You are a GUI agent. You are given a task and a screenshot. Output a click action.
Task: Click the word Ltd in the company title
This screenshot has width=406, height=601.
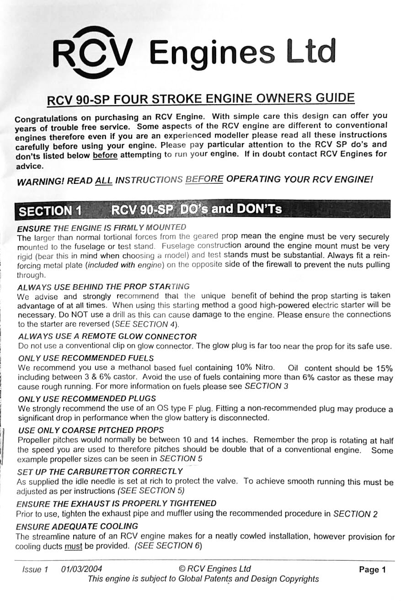(310, 52)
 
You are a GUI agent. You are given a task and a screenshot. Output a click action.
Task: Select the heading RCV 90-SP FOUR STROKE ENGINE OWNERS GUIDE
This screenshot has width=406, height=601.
(201, 99)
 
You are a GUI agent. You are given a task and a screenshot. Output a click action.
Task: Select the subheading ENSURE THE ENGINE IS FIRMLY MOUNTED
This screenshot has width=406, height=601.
(101, 227)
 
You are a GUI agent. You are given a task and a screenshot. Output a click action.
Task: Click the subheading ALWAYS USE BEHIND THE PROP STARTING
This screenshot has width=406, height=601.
(103, 287)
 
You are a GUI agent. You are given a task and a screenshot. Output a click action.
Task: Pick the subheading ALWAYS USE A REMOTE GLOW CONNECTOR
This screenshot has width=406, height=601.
(107, 337)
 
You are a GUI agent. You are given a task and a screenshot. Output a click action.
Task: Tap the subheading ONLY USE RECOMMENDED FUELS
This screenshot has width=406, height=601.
(86, 358)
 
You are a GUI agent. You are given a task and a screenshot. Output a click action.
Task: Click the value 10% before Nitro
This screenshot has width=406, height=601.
(245, 367)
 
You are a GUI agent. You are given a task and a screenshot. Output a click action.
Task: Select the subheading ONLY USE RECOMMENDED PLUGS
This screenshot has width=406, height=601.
(87, 398)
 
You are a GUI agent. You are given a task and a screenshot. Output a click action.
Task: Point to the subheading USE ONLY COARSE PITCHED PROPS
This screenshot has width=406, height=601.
(91, 430)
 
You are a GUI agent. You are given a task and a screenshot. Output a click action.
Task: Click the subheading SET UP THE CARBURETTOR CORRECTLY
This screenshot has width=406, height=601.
(100, 471)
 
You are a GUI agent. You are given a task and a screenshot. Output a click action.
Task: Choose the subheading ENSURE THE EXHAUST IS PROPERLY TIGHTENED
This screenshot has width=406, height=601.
(116, 504)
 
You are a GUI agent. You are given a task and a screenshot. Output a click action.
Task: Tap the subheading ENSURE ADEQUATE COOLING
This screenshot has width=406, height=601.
(77, 526)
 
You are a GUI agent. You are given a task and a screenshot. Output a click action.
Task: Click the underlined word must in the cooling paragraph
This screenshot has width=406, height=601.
(73, 546)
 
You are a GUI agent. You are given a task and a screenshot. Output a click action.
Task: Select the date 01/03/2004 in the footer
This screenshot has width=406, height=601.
(81, 569)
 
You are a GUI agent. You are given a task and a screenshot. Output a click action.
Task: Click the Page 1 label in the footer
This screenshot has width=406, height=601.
(373, 570)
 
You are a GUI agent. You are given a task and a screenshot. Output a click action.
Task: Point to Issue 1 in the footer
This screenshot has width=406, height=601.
(35, 569)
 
